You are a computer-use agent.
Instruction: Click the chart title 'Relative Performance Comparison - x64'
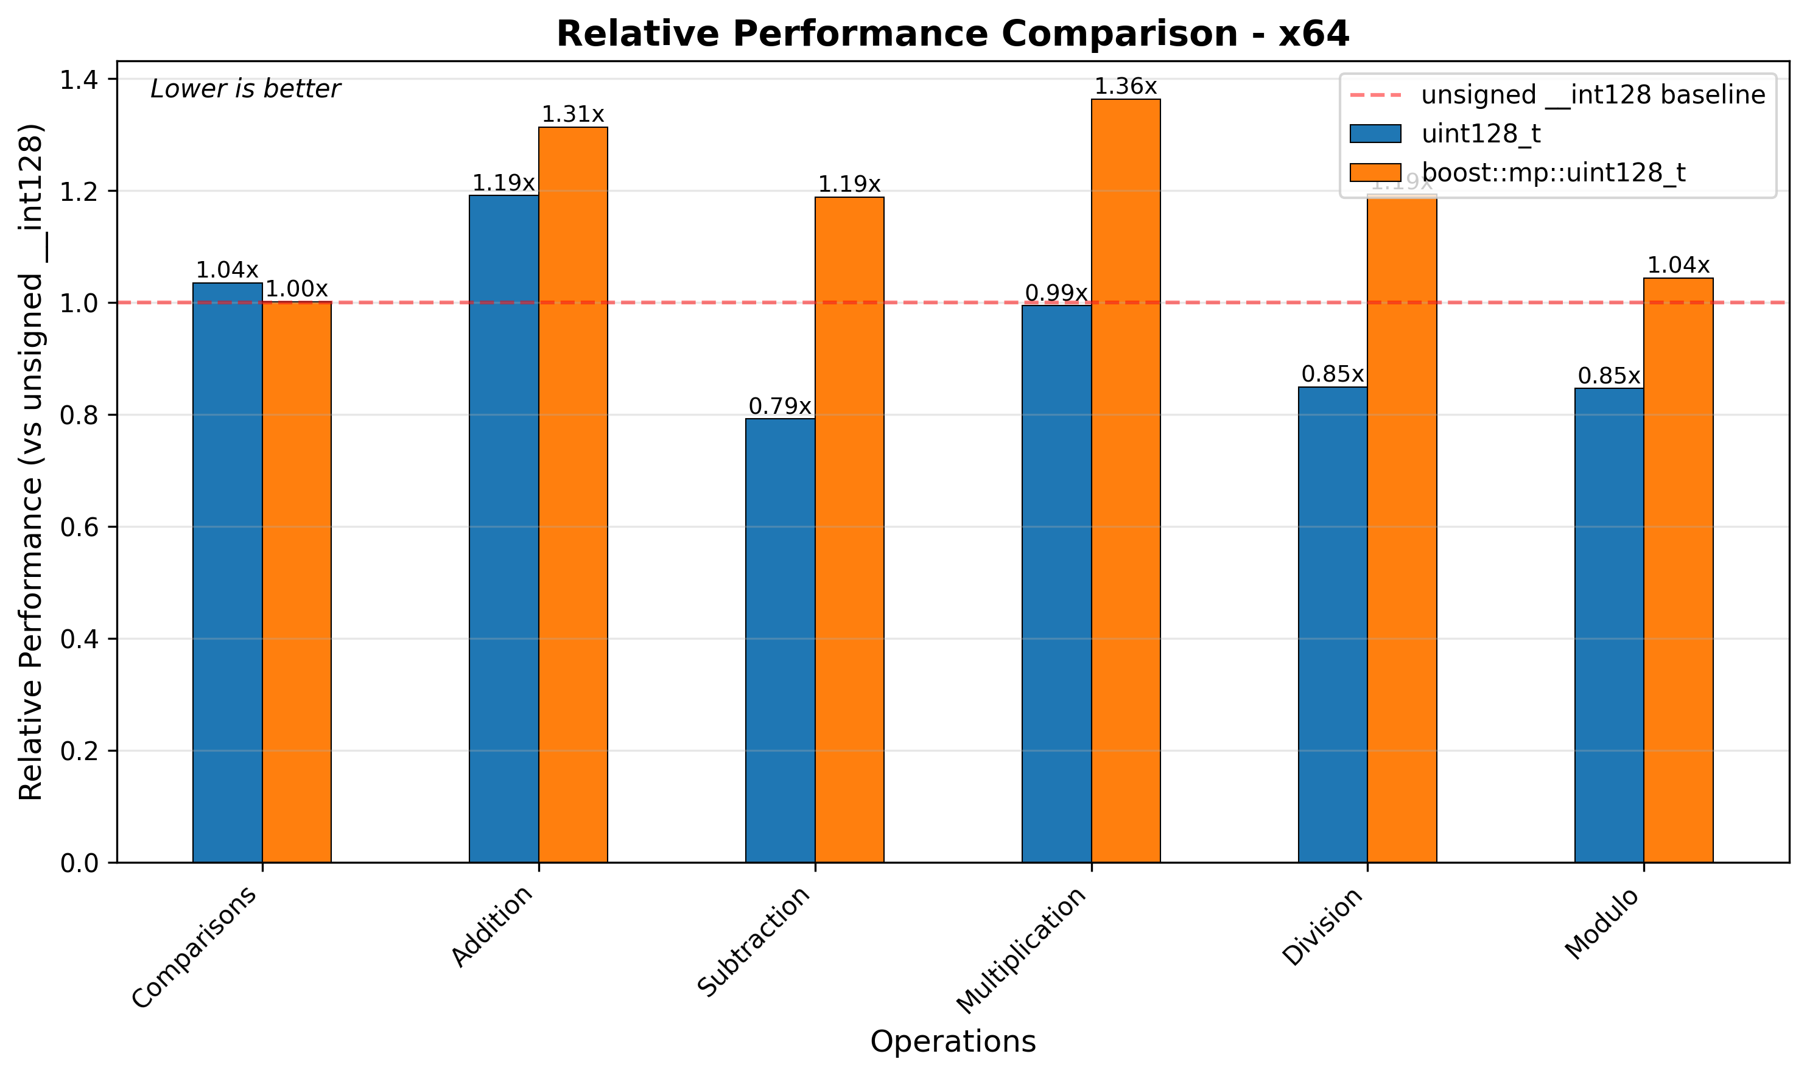[x=952, y=34]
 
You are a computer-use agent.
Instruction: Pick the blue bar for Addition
[x=504, y=529]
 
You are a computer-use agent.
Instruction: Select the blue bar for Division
[x=1333, y=624]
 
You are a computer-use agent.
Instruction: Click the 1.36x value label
[x=1125, y=87]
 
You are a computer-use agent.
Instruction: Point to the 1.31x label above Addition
[x=573, y=114]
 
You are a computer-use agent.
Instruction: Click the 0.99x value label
[x=1056, y=294]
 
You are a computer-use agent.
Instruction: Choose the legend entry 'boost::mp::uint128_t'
[x=1553, y=173]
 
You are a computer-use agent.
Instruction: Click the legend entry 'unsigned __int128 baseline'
[x=1592, y=95]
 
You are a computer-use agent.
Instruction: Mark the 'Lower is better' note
[x=245, y=89]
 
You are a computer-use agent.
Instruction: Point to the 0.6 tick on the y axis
[x=79, y=527]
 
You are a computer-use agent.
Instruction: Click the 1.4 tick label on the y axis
[x=79, y=80]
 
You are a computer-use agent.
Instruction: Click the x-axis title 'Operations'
[x=952, y=1042]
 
